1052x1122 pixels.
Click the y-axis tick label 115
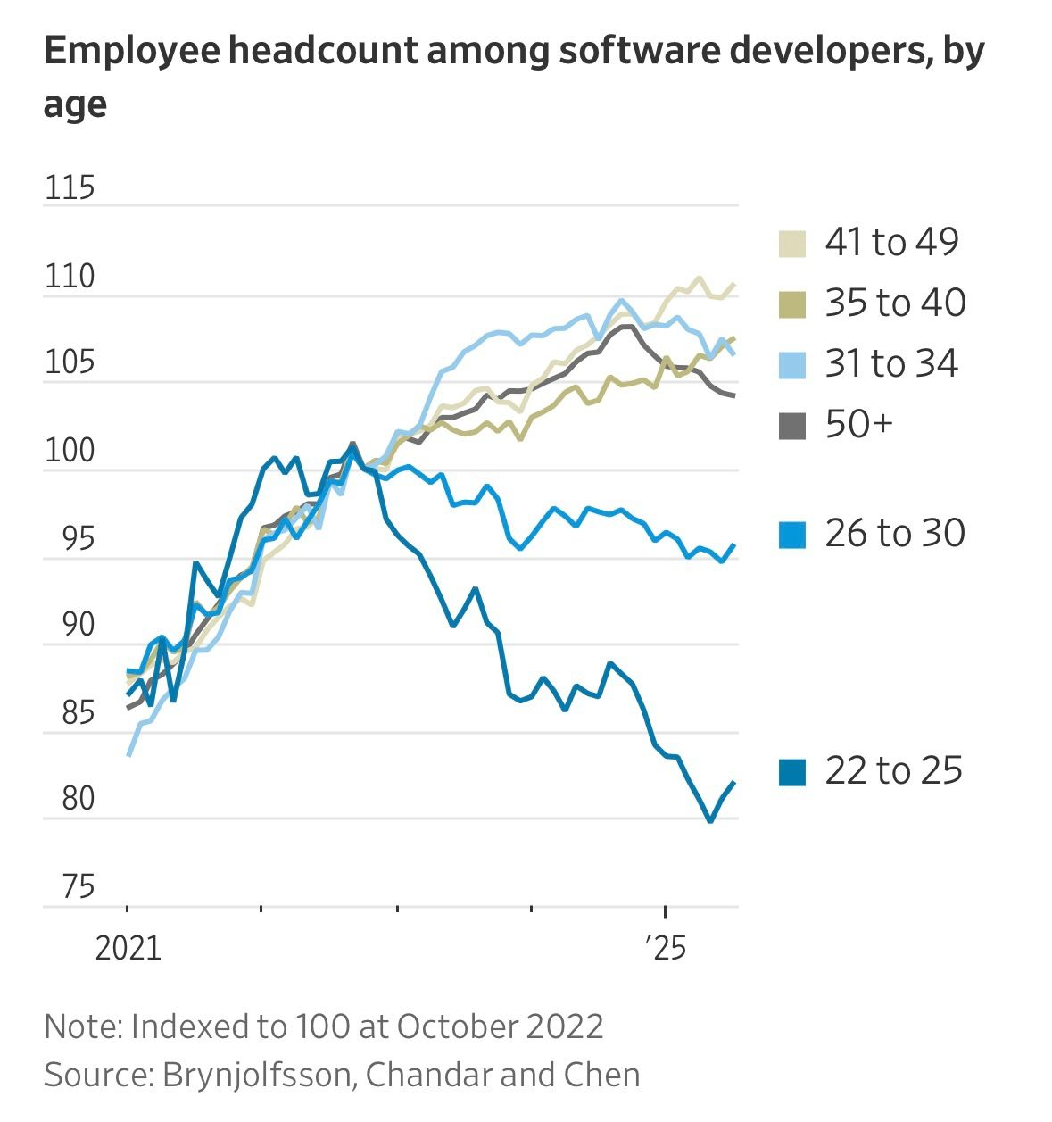coord(69,188)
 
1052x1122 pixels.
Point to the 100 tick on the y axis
coord(69,451)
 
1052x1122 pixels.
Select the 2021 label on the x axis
coord(128,948)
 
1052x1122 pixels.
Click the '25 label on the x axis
coord(664,948)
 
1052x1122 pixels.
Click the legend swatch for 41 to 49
coord(792,244)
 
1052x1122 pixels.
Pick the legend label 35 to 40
coord(895,303)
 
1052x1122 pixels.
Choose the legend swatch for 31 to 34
coord(792,365)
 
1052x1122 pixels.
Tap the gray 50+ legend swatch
coord(792,426)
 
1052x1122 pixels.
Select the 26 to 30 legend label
coord(895,533)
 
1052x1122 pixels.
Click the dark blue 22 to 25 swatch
coord(792,772)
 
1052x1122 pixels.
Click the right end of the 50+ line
coord(734,395)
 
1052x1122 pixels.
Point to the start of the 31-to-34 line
coord(128,756)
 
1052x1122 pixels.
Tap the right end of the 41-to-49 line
coord(734,284)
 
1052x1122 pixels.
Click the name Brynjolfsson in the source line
coord(259,1074)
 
